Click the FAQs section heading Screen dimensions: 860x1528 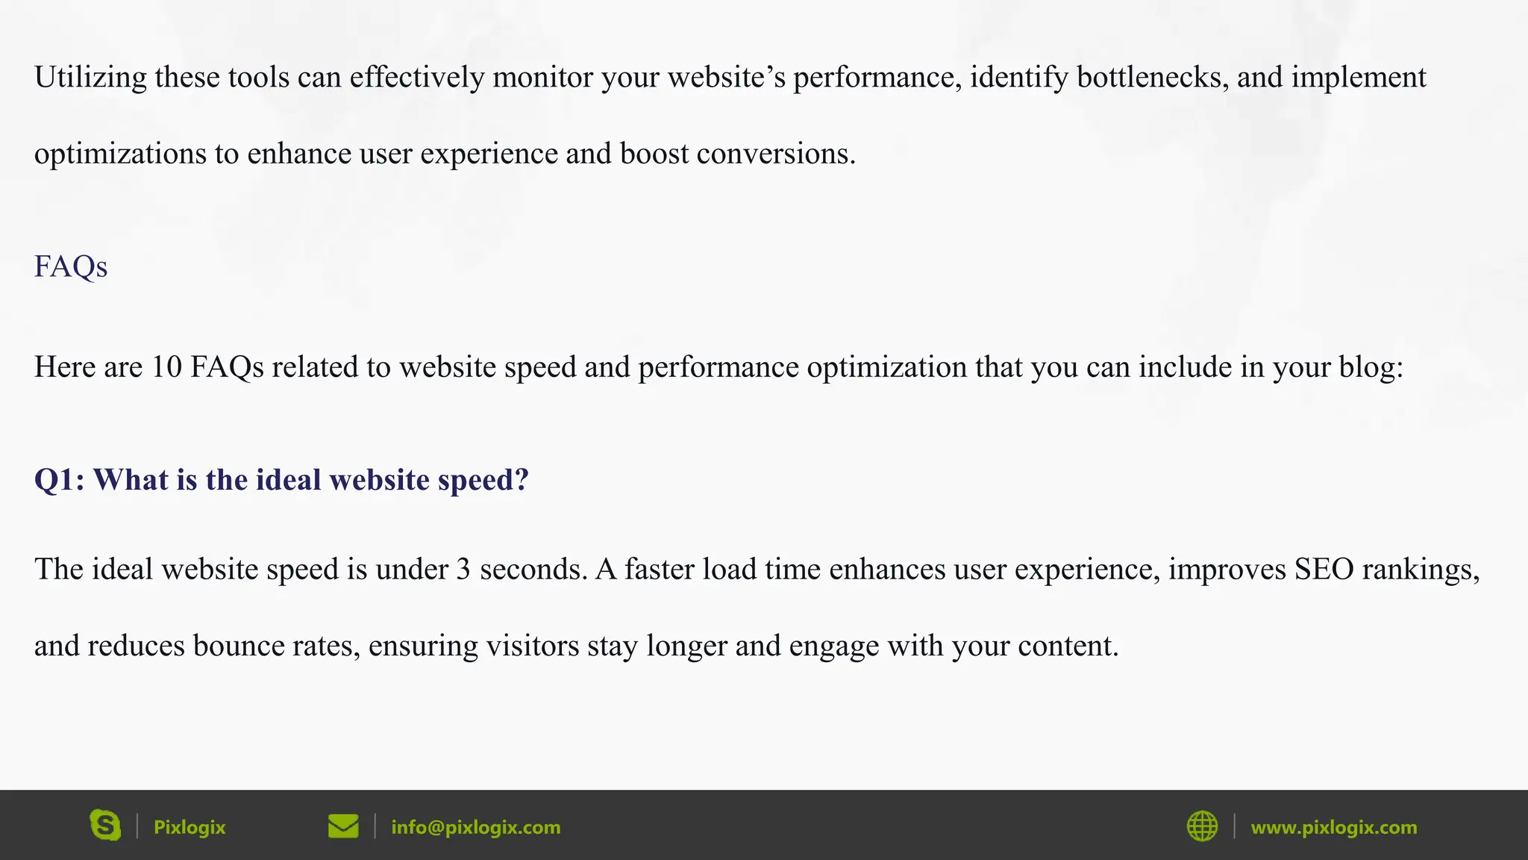point(71,267)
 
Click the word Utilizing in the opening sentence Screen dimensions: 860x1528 point(90,78)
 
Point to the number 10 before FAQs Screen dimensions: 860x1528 point(166,367)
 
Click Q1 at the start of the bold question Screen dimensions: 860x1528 point(58,480)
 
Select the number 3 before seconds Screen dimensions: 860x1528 point(463,570)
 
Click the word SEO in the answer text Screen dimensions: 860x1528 point(1324,570)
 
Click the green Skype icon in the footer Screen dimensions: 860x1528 point(105,826)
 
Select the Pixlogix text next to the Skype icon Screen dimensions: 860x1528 point(190,827)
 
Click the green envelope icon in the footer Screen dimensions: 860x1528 point(343,826)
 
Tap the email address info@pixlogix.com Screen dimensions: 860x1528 point(476,827)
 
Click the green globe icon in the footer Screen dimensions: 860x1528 point(1202,826)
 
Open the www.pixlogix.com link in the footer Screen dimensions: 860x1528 point(1333,827)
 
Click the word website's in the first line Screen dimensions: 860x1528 point(726,78)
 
